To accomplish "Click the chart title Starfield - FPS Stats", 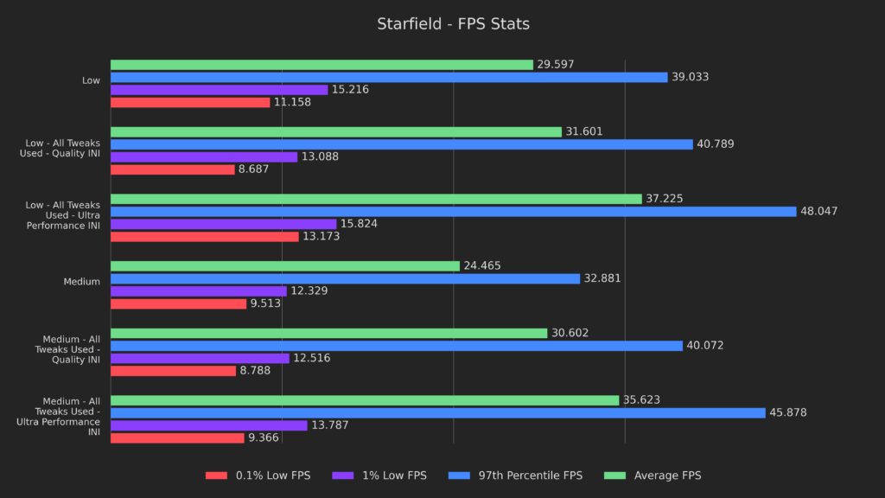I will coord(453,24).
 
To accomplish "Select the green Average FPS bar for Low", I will coord(322,65).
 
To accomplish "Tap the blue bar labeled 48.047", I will coord(453,211).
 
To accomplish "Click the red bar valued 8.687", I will coord(173,169).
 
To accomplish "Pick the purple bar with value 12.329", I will coord(198,291).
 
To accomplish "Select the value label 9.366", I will coord(265,438).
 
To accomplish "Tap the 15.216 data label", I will coord(350,90).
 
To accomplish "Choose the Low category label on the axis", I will coord(91,80).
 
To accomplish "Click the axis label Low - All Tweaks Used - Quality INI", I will coord(62,148).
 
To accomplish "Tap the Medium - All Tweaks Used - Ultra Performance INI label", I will coord(59,417).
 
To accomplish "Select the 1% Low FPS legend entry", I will coord(392,476).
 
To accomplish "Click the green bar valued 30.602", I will coord(328,334).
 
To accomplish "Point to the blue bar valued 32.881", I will coord(345,278).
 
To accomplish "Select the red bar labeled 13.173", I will coord(204,236).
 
